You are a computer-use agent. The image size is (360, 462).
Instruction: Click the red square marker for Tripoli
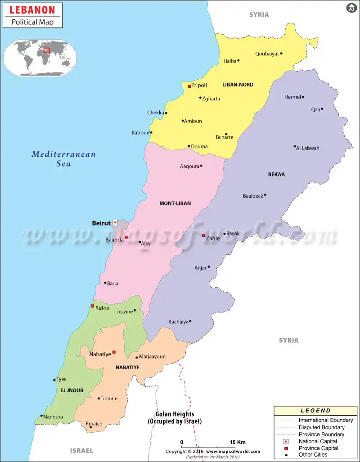coord(189,86)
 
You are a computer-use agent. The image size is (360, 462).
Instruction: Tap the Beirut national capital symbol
coord(115,222)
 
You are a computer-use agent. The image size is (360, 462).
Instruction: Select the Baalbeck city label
coord(252,196)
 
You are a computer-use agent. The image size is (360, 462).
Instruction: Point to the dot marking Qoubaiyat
coord(281,54)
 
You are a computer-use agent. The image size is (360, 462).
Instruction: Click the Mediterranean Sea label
coord(63,159)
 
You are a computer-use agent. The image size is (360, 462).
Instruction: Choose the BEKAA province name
coord(276,174)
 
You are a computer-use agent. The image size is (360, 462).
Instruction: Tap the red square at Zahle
coord(203,236)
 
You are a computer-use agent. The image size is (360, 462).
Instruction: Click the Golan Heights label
coord(175,418)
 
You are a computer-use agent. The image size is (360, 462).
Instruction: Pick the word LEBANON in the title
coord(32,10)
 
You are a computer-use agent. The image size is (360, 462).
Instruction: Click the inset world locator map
coord(40,58)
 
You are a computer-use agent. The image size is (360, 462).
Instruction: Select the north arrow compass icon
coord(351,8)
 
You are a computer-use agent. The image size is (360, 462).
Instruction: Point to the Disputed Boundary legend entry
coord(321,427)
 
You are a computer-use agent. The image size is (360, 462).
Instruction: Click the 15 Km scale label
coord(237,442)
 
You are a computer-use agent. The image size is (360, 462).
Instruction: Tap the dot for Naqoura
coord(41,416)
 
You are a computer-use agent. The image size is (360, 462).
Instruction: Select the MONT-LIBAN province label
coord(175,204)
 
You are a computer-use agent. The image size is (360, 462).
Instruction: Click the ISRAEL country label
coord(81,450)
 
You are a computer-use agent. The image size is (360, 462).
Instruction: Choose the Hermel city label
coord(292,97)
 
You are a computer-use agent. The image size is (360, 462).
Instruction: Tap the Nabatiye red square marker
coord(114,352)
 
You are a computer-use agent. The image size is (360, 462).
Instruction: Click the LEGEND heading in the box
coord(315,411)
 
